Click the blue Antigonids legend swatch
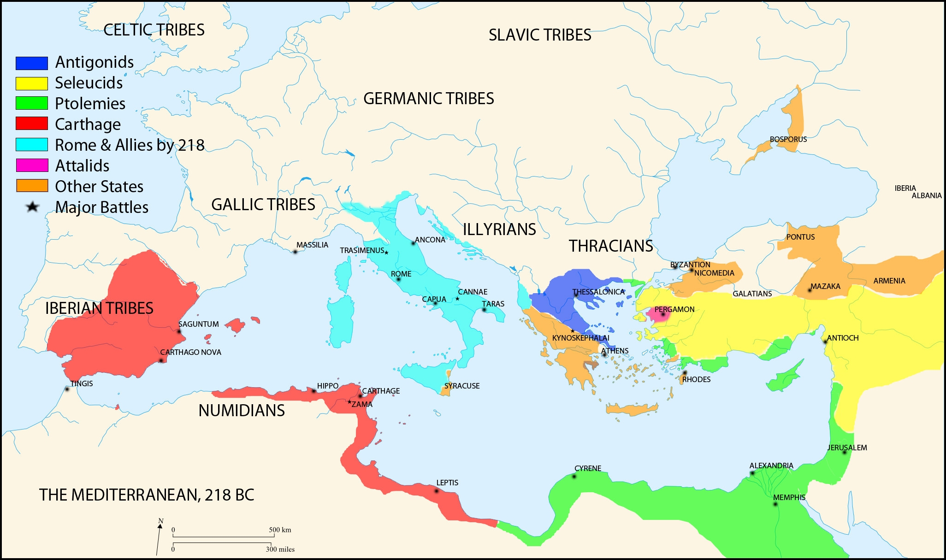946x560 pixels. point(32,63)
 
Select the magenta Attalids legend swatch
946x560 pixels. point(32,165)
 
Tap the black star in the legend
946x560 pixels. point(32,207)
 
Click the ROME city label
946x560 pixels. point(401,274)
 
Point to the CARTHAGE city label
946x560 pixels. point(381,391)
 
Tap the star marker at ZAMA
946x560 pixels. point(349,402)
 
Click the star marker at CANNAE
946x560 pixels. point(457,299)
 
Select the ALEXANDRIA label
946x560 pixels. point(771,466)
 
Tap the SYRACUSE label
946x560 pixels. point(462,386)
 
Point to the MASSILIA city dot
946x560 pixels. point(295,252)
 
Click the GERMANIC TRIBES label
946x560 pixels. point(428,99)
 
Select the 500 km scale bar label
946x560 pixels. point(280,530)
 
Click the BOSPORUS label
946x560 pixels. point(788,139)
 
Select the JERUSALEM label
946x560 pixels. point(847,448)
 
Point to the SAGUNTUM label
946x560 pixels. point(199,324)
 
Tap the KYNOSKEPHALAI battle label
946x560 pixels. point(580,338)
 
